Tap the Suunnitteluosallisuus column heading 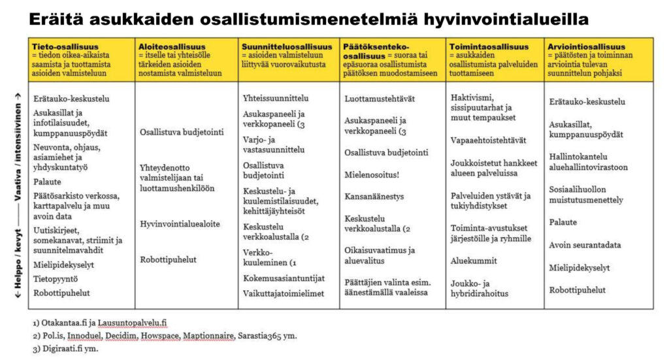point(287,47)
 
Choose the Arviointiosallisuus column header point(587,47)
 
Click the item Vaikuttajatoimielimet point(284,294)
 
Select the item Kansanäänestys point(374,195)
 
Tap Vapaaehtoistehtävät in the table point(488,140)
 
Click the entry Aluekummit point(474,261)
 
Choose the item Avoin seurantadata point(585,245)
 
